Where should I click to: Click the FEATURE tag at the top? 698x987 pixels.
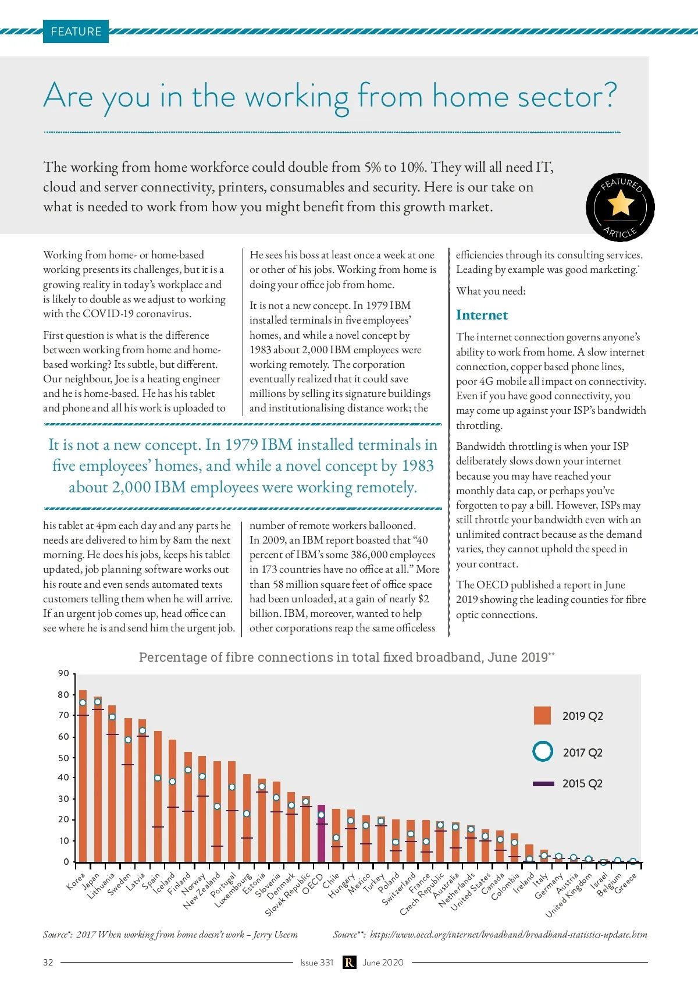point(76,32)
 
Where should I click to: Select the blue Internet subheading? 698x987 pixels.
point(482,315)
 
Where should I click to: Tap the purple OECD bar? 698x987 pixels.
point(321,833)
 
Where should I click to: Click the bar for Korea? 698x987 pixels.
point(83,775)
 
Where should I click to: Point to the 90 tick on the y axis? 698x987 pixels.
point(63,673)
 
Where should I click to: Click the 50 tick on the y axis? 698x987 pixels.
point(63,758)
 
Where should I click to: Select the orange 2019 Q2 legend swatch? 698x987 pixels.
point(542,715)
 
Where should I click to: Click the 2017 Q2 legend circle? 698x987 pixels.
point(543,751)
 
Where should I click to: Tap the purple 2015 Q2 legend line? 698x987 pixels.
point(543,783)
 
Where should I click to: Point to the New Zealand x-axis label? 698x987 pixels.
point(201,891)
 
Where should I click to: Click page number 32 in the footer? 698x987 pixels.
point(48,963)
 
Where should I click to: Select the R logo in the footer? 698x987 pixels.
point(348,963)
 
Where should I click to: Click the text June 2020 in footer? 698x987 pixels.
point(383,963)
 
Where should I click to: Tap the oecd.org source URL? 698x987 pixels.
point(508,935)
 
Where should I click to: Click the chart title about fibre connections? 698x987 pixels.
point(347,657)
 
